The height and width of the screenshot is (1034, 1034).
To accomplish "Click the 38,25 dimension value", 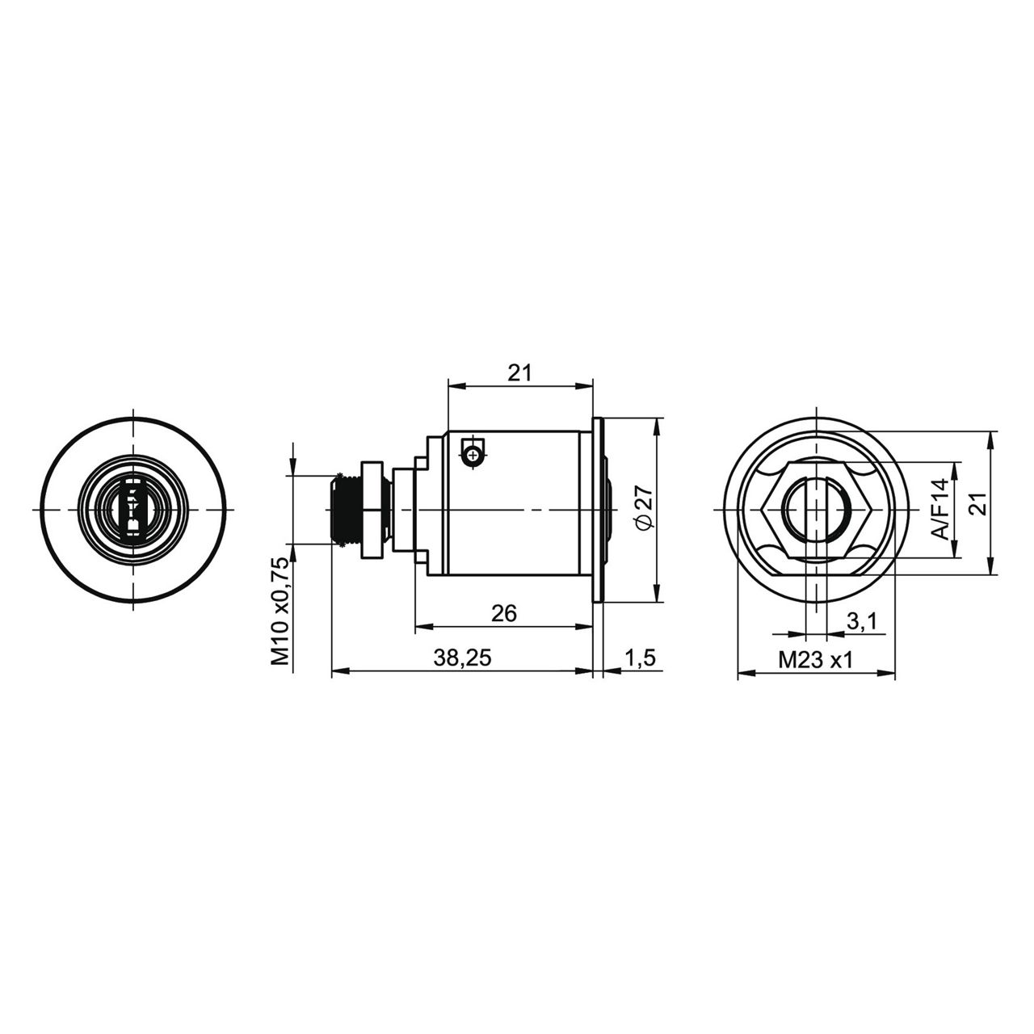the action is tap(462, 658).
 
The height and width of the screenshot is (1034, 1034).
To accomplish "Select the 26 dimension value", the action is tap(504, 613).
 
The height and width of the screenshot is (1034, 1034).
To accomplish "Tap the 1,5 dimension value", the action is tap(640, 658).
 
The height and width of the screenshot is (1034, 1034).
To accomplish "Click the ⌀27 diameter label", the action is tap(645, 507).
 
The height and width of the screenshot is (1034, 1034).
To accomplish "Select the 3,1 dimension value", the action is tap(862, 622).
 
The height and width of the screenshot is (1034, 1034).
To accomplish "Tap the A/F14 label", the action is tap(940, 509).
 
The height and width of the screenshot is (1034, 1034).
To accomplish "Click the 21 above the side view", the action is tap(519, 373).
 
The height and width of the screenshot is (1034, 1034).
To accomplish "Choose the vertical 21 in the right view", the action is tap(980, 504).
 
